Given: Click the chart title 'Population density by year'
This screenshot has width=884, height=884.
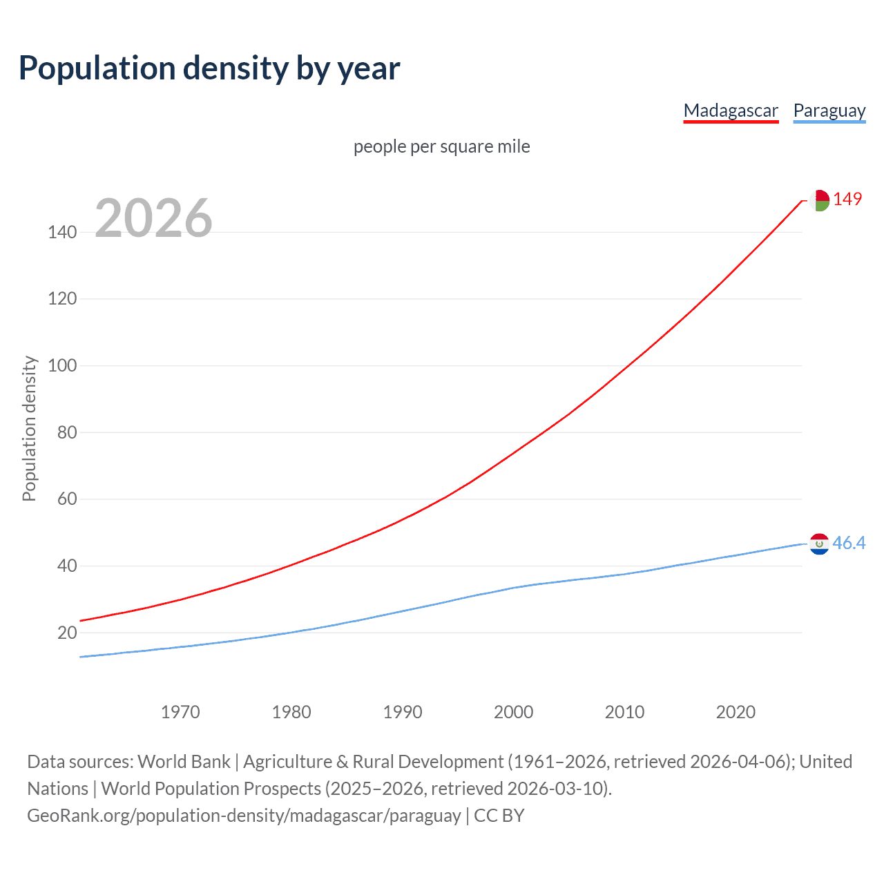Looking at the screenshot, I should coord(209,68).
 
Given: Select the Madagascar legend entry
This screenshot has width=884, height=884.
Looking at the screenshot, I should coord(731,110).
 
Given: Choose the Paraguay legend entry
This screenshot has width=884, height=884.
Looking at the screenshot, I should coord(829,110).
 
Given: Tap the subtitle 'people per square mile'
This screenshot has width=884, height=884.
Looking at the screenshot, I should coord(441,146).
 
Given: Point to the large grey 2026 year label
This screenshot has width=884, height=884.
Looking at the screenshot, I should coord(153,218).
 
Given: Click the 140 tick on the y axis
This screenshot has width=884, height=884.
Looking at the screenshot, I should coord(62,232).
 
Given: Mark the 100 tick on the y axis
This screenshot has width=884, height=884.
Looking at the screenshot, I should coord(62,365).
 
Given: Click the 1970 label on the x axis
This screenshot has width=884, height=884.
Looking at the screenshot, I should coord(180,712).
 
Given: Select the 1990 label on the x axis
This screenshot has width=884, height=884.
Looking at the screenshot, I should coord(403,712).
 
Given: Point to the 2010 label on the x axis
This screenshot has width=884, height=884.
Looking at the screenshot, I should coord(624,712).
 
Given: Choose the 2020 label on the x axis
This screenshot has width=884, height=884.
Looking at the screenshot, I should coord(736,712).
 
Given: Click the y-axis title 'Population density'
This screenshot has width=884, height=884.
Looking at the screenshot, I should coord(29,428).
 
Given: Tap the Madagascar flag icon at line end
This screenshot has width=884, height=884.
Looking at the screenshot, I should coord(819,200).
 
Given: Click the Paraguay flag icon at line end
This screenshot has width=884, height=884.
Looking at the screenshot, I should coord(819,544).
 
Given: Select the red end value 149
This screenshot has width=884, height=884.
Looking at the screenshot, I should coord(847,199).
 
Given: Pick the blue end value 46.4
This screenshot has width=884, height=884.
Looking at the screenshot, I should coord(849,544).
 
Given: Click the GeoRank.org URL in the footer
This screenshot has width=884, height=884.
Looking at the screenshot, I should coord(244,816).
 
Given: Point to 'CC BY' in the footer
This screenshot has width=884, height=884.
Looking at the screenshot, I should coord(499,816).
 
